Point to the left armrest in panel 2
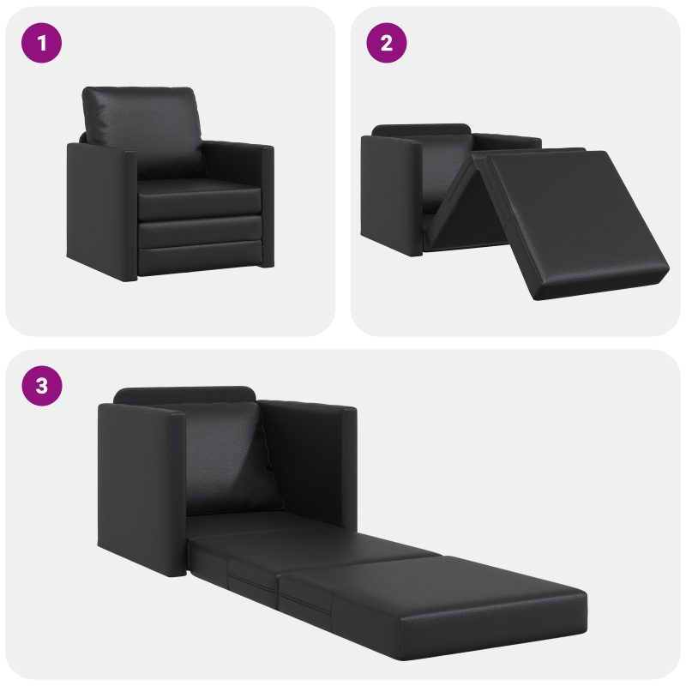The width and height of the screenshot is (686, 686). (x=390, y=193)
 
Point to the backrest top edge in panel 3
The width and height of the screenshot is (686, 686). (x=184, y=394)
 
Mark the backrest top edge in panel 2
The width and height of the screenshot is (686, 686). (x=420, y=129)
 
